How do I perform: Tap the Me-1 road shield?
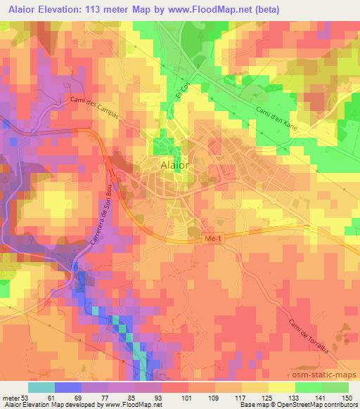coord(212,240)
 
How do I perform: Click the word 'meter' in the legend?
coord(11,397)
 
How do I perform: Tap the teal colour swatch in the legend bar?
coord(41,387)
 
